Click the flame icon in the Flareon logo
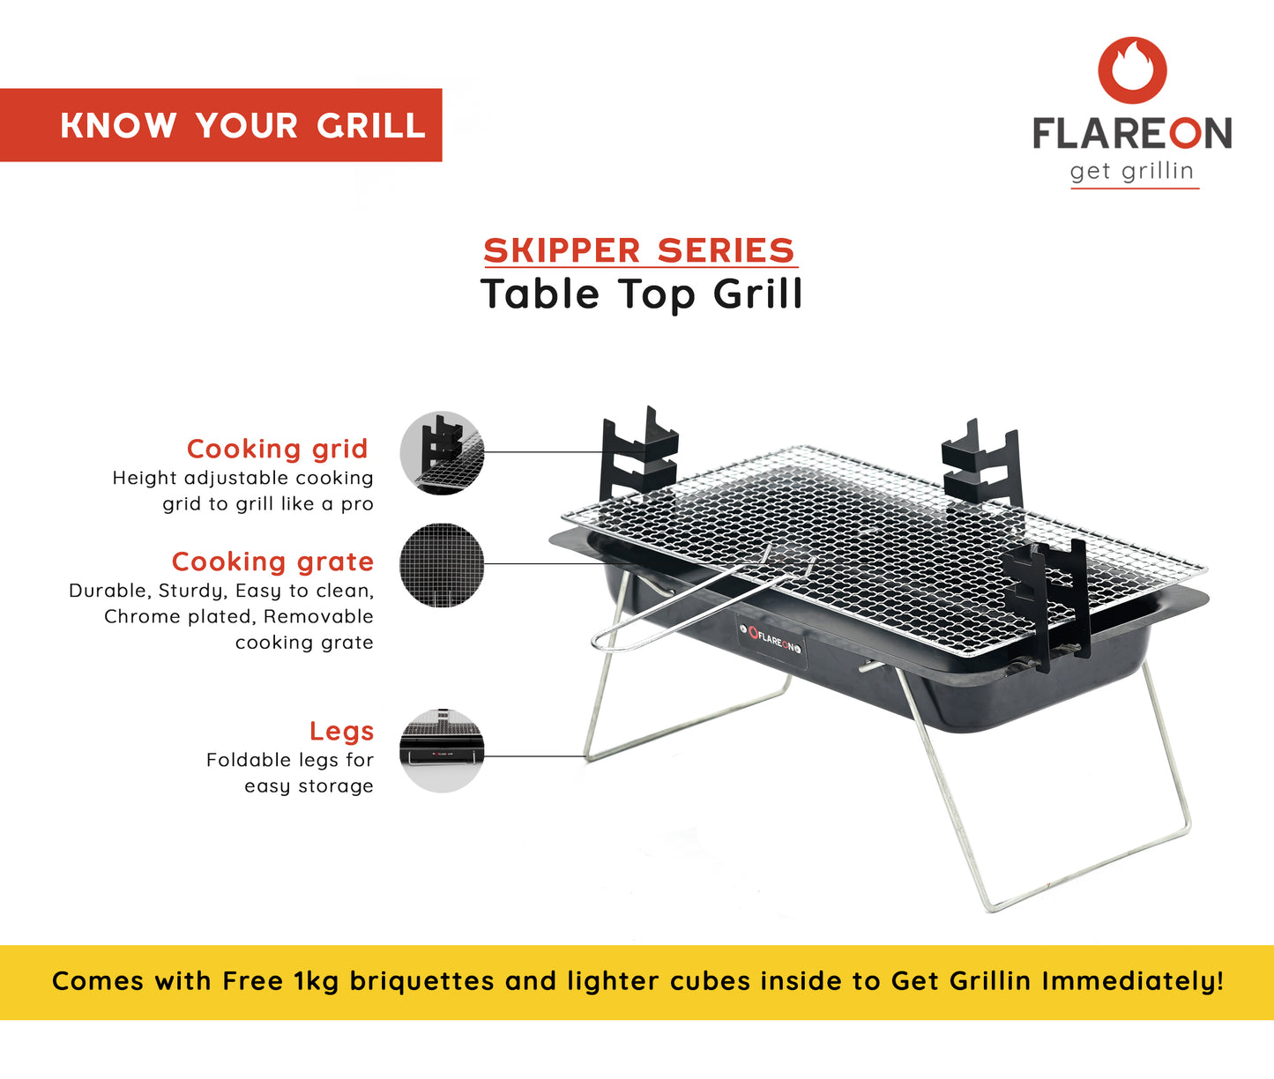point(1132,70)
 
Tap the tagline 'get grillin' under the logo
point(1132,171)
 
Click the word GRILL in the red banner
point(371,126)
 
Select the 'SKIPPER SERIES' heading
point(639,250)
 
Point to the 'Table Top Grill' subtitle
point(641,294)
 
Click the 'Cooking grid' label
point(278,449)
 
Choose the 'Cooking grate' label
point(273,562)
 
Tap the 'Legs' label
point(341,731)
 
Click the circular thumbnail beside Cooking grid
point(442,452)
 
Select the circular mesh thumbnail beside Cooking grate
point(442,564)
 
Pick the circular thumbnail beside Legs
point(442,750)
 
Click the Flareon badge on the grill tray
point(771,640)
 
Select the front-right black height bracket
point(1046,604)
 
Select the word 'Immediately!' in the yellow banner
point(1133,981)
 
